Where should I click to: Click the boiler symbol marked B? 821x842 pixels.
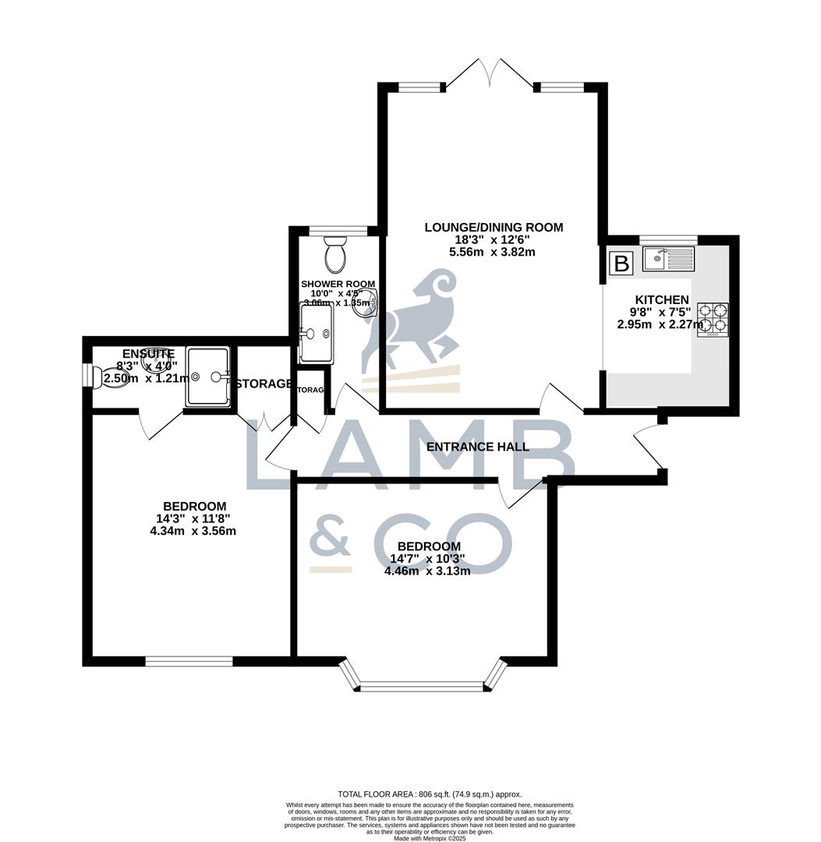click(621, 264)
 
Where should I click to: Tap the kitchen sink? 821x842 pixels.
click(667, 258)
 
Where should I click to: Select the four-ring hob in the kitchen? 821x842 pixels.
click(713, 320)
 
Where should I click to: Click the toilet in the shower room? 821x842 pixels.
click(337, 253)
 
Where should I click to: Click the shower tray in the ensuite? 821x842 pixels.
click(207, 377)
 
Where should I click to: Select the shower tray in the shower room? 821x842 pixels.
click(317, 334)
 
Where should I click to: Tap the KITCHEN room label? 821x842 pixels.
click(662, 299)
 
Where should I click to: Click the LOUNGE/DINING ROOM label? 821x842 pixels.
click(493, 228)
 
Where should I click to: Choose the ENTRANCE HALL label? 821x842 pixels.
click(478, 447)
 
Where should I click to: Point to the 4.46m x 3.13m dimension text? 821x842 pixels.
click(427, 571)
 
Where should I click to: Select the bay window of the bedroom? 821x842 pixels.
click(424, 686)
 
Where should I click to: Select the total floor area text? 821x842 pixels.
click(429, 794)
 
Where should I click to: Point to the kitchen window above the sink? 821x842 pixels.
click(668, 239)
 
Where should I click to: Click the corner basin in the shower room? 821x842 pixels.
click(367, 305)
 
